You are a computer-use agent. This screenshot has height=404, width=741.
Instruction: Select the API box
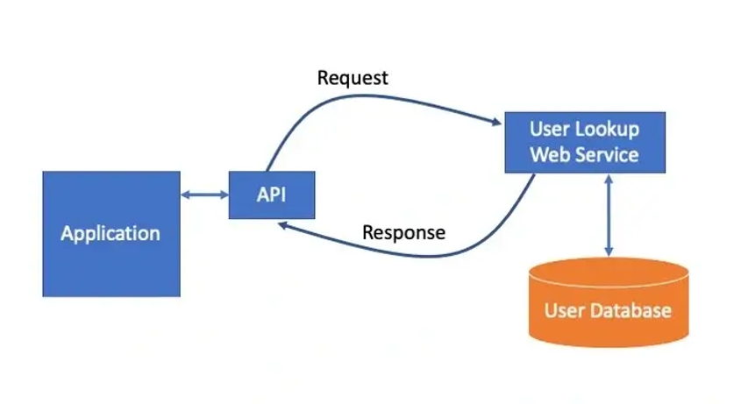tap(271, 195)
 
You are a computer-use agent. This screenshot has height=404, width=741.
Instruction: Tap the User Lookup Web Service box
tap(585, 142)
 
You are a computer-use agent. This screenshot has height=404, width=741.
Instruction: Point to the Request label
tap(353, 78)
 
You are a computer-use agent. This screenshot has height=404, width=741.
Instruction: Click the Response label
tap(403, 233)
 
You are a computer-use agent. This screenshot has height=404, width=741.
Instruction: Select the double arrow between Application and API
tap(204, 195)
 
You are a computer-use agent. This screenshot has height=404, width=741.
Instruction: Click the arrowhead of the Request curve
tap(495, 121)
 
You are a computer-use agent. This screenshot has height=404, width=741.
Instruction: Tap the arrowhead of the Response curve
tap(284, 225)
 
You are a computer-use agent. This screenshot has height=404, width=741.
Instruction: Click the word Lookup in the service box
tap(607, 130)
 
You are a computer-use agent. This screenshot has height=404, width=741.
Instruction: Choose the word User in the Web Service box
tap(549, 130)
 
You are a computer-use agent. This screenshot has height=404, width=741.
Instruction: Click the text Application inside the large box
tap(111, 234)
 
